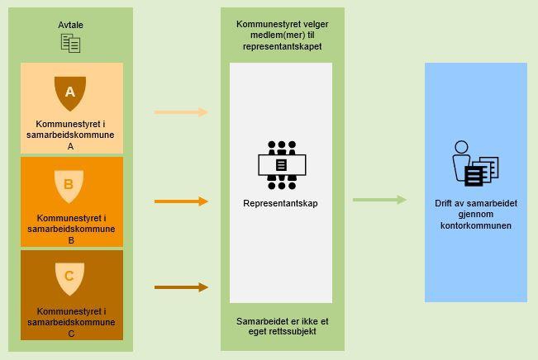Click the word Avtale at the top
tap(71, 25)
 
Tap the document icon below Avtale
tap(71, 44)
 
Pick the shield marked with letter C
tap(69, 277)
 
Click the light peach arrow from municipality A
tap(181, 112)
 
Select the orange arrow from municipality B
tap(181, 201)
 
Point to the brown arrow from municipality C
tap(181, 287)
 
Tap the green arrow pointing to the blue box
tap(379, 200)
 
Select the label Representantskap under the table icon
tap(280, 203)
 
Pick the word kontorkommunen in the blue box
tap(475, 225)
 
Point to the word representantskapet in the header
tap(281, 47)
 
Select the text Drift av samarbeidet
tap(475, 203)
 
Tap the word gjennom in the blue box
tap(475, 214)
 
